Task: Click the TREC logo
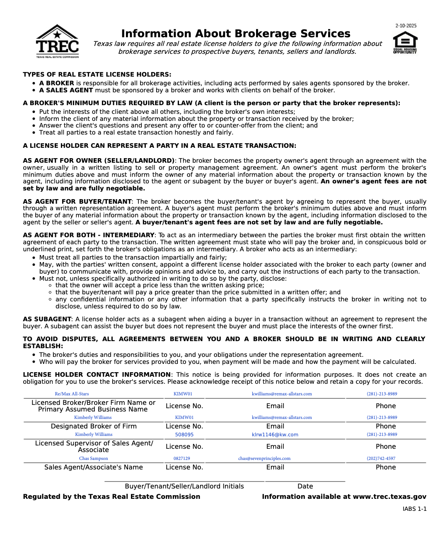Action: tap(57, 41)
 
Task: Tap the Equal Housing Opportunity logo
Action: tap(405, 43)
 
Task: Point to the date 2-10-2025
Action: tap(406, 26)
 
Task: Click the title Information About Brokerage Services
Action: tap(236, 34)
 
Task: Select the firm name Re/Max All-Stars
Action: tap(72, 394)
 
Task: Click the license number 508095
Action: tap(184, 435)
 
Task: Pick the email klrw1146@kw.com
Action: tap(275, 435)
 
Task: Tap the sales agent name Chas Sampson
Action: tap(94, 458)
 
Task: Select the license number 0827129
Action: tap(181, 458)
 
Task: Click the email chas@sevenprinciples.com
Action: tap(264, 458)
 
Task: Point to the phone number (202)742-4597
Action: tap(381, 458)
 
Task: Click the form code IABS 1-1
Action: tap(414, 509)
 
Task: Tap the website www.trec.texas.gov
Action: tap(389, 497)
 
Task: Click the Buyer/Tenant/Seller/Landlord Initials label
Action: tap(184, 486)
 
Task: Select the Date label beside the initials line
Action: tap(305, 486)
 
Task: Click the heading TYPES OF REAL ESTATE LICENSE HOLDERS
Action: tap(97, 75)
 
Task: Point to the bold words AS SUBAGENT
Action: tap(47, 319)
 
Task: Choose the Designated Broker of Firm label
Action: tap(94, 426)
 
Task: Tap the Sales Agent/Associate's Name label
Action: tap(94, 467)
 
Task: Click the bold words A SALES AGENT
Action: tap(66, 90)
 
